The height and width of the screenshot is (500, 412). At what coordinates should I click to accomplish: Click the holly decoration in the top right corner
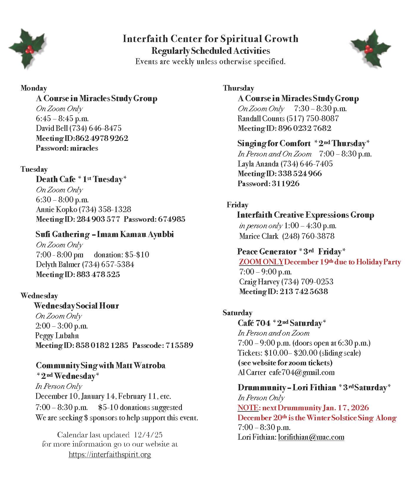[x=370, y=49]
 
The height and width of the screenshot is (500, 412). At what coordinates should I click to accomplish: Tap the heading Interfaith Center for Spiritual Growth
[x=210, y=39]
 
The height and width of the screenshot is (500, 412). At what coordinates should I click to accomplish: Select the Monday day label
[x=34, y=88]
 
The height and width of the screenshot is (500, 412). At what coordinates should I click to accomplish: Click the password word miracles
[x=84, y=148]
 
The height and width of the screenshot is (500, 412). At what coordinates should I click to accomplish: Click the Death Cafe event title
[x=56, y=179]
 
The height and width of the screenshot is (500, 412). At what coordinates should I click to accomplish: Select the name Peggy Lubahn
[x=57, y=336]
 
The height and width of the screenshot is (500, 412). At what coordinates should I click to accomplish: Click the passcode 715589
[x=179, y=345]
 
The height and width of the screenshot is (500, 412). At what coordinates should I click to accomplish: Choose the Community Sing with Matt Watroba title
[x=100, y=366]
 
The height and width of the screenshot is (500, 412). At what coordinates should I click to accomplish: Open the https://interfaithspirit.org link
[x=110, y=454]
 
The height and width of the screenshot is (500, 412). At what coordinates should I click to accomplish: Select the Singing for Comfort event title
[x=274, y=144]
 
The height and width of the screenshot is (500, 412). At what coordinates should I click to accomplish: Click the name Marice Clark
[x=259, y=236]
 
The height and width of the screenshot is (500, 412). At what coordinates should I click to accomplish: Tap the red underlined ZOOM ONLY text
[x=261, y=262]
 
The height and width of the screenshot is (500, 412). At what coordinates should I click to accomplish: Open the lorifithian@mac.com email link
[x=311, y=437]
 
